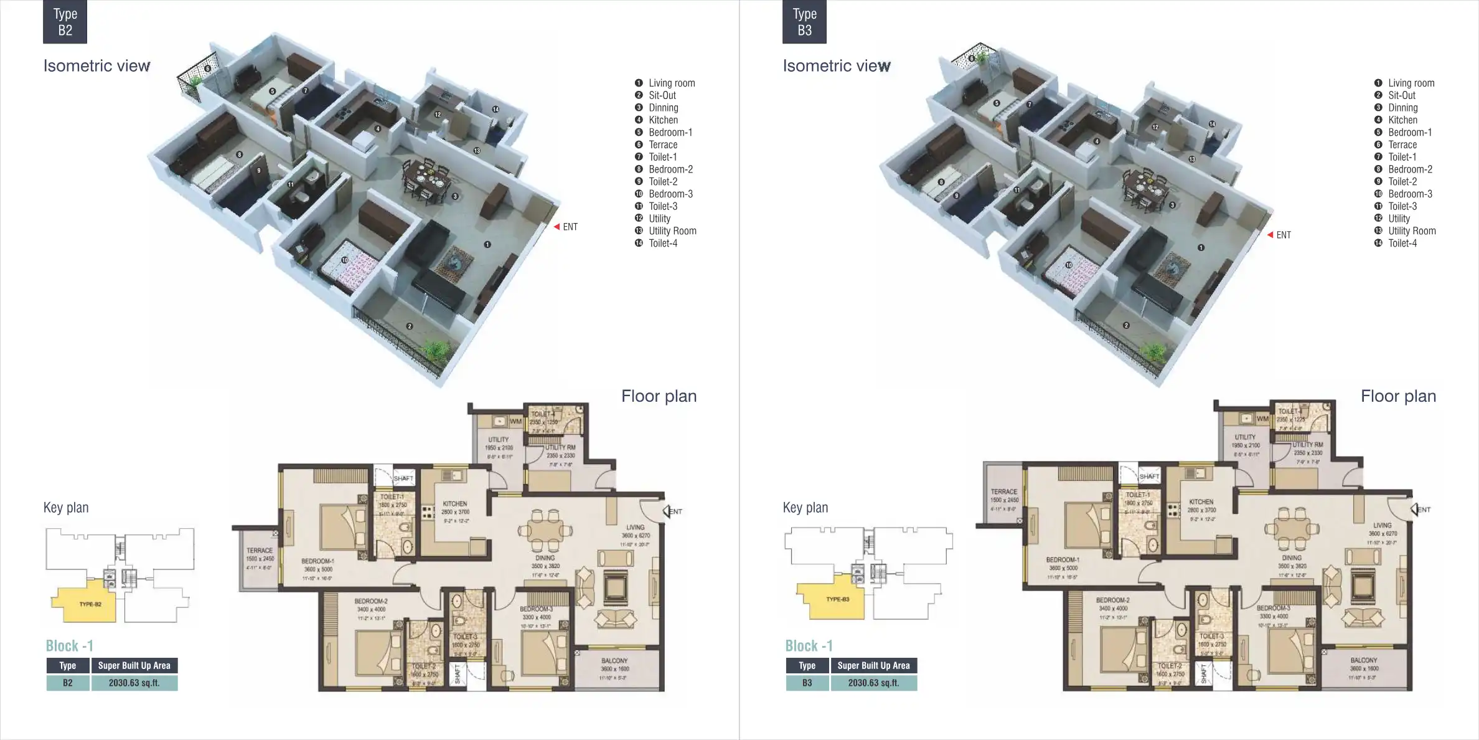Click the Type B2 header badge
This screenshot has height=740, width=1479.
click(65, 22)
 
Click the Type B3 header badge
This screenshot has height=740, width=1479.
click(804, 22)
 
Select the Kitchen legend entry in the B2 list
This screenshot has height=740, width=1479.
click(663, 120)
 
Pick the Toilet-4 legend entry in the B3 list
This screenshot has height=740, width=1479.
click(1402, 244)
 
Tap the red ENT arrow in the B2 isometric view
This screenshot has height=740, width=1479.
click(557, 227)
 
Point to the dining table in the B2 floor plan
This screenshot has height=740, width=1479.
click(545, 531)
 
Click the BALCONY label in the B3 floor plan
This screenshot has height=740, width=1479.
click(1363, 660)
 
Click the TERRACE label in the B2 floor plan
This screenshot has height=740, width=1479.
click(260, 551)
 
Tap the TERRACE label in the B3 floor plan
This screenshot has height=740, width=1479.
click(1003, 492)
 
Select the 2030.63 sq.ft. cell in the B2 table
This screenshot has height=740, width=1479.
click(134, 683)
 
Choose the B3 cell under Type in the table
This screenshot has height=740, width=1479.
click(807, 683)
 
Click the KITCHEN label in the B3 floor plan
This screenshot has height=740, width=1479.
click(1201, 502)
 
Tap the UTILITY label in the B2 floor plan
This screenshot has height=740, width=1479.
click(498, 440)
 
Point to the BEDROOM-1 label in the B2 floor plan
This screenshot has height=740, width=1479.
click(317, 561)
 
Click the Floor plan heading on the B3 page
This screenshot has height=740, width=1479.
click(1398, 396)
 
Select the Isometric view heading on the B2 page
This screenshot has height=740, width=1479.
click(96, 66)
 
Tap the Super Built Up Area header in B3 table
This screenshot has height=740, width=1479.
click(873, 666)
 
